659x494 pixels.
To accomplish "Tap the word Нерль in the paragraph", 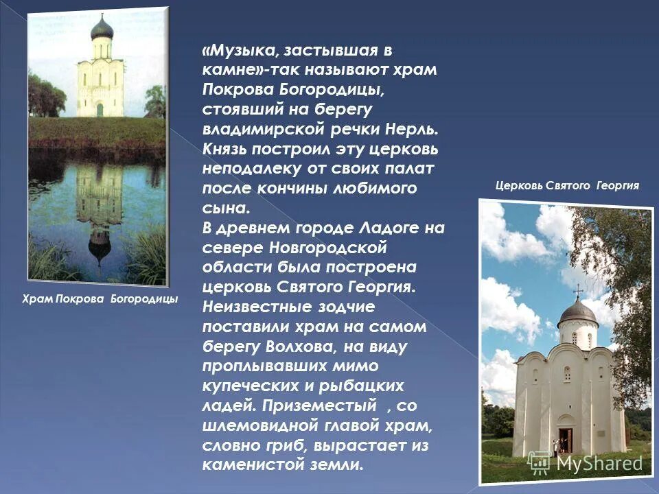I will click(411, 130).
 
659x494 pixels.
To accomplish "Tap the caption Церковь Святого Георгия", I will click(567, 185).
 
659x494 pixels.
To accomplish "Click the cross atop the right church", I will click(577, 289).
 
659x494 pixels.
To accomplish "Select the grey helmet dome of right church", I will click(577, 312).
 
